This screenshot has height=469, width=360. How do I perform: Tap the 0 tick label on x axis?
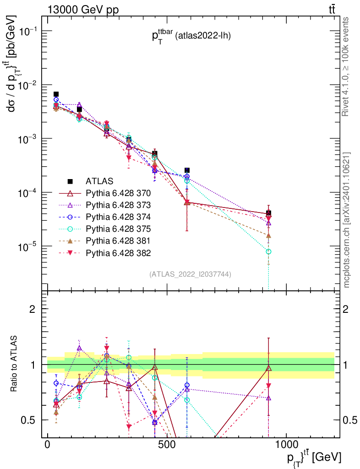48,445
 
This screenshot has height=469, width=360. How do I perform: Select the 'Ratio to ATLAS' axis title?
15,364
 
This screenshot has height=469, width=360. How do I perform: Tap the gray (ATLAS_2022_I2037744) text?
190,274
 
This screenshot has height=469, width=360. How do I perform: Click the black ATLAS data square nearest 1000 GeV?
268,213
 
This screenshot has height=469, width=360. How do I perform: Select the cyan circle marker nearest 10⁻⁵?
268,251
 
